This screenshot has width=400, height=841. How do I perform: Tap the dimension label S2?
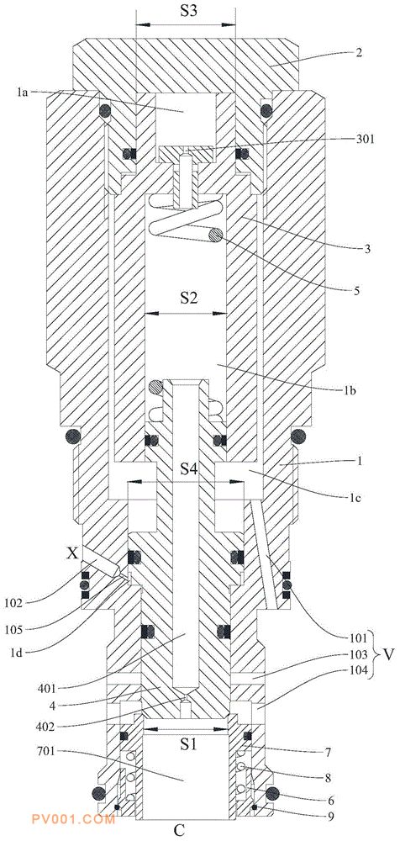pos(187,299)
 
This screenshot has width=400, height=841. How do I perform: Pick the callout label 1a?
pos(22,92)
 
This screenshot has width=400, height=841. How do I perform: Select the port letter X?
pos(73,553)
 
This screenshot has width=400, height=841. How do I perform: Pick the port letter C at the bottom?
pos(179,831)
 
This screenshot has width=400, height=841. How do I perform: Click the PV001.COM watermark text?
pos(73,819)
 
